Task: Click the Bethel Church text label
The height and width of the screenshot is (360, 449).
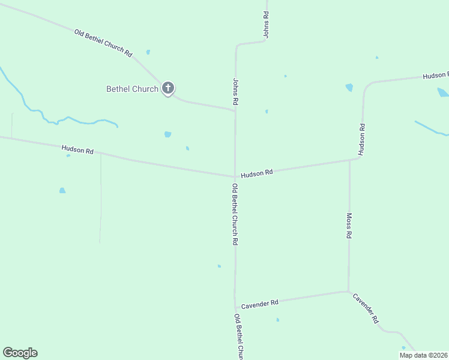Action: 132,89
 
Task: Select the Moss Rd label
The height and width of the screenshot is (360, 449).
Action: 349,226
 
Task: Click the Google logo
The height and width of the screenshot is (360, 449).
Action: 20,353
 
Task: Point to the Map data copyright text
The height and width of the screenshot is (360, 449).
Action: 424,355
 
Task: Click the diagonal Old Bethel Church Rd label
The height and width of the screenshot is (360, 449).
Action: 103,43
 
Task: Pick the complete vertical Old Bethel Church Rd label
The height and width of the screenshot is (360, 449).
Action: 235,214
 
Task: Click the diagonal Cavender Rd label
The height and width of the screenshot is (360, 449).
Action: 366,308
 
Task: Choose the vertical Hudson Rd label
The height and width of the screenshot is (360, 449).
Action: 362,140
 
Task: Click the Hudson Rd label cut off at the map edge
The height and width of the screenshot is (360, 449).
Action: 435,76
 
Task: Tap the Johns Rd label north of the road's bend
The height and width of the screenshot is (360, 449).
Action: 265,25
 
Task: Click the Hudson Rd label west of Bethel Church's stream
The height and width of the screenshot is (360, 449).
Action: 77,149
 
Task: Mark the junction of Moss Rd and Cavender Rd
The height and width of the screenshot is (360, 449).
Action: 348,292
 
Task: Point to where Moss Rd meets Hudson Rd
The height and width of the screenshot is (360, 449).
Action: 349,161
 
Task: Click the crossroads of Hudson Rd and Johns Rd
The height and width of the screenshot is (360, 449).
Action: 235,176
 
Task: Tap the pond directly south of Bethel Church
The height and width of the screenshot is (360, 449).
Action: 167,134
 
